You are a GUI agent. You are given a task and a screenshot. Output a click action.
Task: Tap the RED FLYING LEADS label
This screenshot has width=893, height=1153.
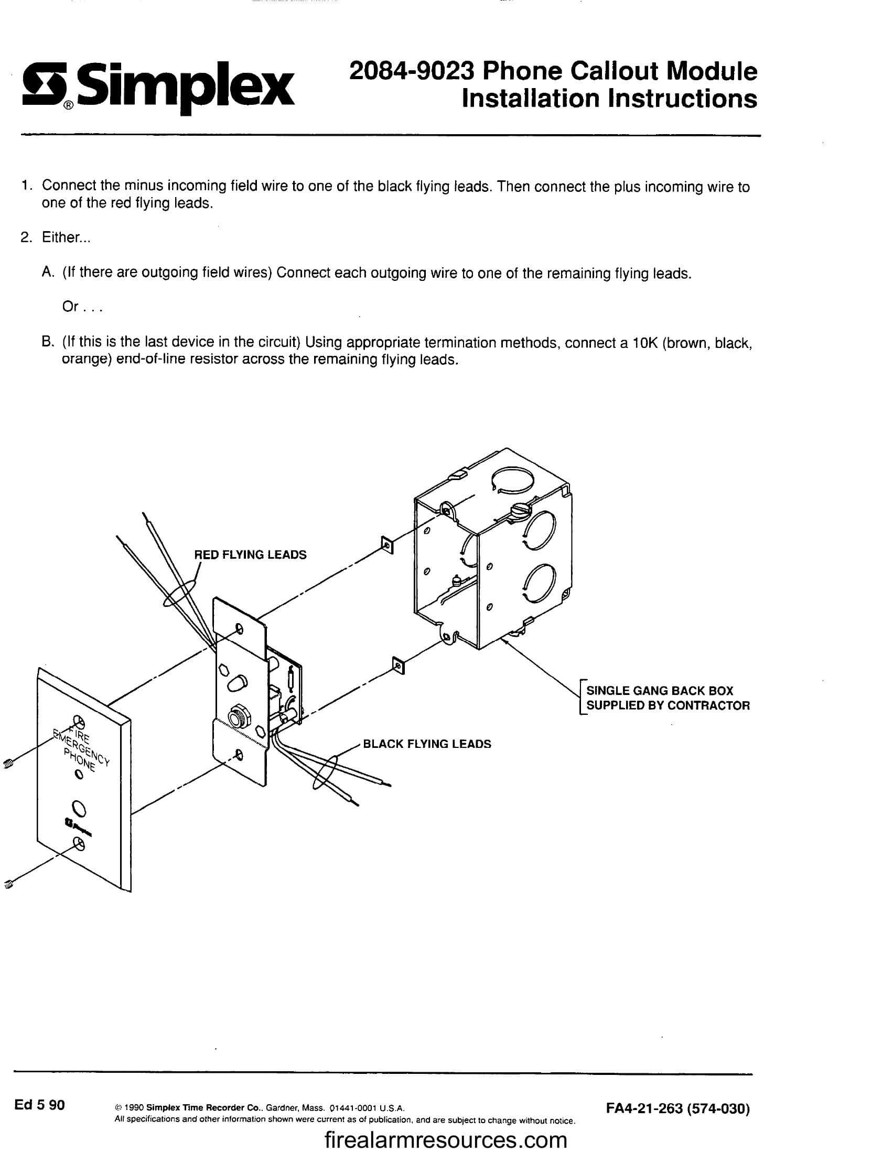250,555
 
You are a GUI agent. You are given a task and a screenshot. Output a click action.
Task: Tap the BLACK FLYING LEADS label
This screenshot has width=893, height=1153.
427,744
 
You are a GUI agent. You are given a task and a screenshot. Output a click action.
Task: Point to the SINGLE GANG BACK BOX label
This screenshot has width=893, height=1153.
660,691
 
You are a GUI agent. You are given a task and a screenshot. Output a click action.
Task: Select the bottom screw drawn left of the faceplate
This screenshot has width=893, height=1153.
8,883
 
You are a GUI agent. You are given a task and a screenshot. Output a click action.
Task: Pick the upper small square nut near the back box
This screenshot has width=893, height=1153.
386,545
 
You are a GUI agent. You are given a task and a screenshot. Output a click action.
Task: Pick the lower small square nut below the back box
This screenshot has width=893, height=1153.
399,667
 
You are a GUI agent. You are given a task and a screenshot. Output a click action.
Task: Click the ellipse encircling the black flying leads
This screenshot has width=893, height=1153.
325,772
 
